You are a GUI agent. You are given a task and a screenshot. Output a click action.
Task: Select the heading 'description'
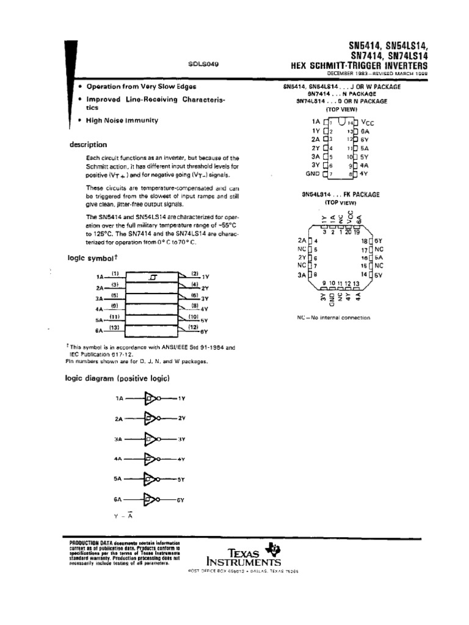88,145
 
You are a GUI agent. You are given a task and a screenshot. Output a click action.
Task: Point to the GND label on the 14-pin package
313,174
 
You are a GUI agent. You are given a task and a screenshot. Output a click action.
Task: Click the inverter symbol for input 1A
151,399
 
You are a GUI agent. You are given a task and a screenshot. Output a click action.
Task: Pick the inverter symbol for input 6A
151,500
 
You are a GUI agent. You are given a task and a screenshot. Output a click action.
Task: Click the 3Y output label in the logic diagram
181,439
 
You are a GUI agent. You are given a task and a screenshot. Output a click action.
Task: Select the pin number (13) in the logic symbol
114,328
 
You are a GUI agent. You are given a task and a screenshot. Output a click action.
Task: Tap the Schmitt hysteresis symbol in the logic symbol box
153,278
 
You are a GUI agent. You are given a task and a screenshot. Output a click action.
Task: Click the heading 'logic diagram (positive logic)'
117,378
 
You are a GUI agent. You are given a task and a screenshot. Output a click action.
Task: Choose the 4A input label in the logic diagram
118,459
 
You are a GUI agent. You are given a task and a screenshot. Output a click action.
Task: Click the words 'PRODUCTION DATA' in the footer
89,543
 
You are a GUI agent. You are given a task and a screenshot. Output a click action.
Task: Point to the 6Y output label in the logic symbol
205,331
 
